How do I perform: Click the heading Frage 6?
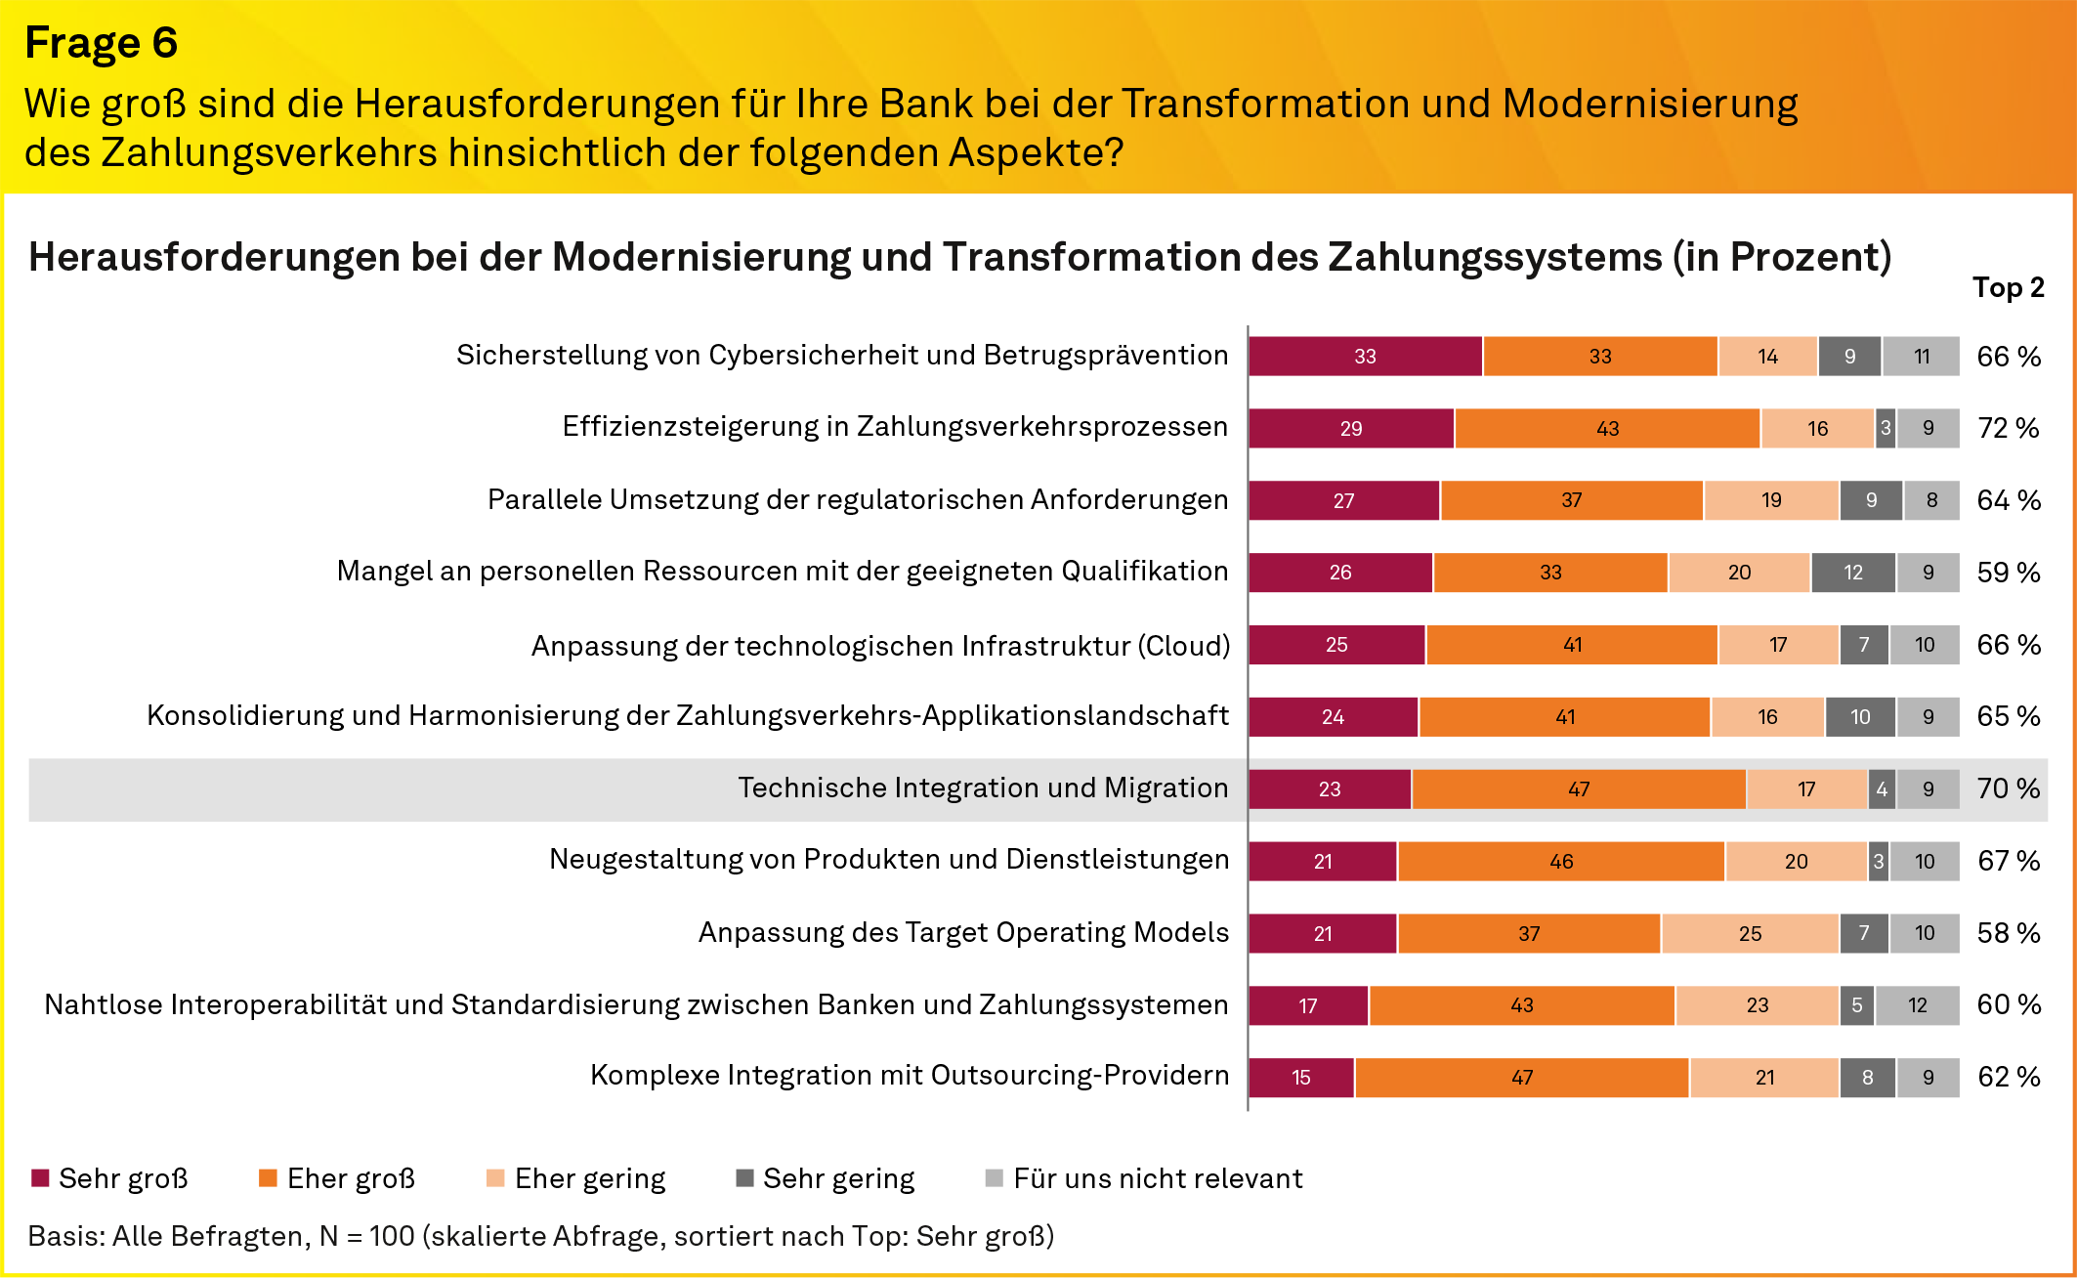click(101, 43)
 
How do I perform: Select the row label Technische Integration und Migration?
click(982, 788)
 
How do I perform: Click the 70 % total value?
click(2008, 788)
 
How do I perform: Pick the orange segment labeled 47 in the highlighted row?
click(1578, 789)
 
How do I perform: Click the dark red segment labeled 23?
click(1329, 789)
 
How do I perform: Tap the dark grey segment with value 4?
click(1881, 789)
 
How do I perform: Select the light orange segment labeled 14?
click(1766, 357)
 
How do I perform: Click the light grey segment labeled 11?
click(1921, 357)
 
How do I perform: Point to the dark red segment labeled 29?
click(1350, 429)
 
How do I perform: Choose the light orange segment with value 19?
click(1770, 500)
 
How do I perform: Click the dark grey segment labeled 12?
click(1852, 573)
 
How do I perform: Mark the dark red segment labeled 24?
click(1332, 717)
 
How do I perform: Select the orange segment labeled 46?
click(1560, 862)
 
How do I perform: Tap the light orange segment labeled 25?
click(1749, 934)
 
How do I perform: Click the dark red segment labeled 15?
click(1300, 1078)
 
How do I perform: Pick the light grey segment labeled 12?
click(1917, 1005)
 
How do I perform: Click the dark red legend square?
click(40, 1177)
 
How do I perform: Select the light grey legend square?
click(994, 1177)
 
